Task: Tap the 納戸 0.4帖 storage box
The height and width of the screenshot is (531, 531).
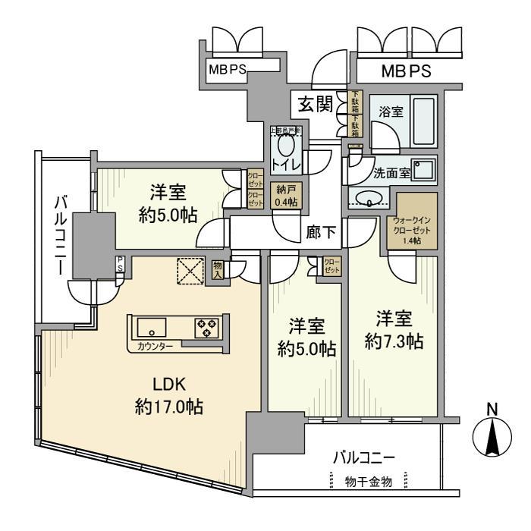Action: [x=286, y=195]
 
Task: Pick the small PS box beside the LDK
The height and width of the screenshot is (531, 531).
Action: [x=119, y=263]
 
